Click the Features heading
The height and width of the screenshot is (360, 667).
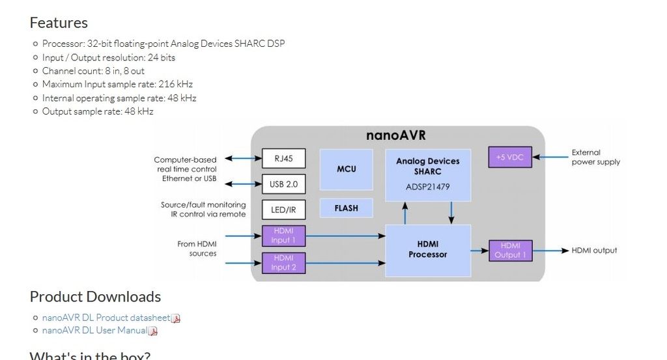tap(59, 23)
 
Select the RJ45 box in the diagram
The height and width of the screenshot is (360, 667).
tap(283, 159)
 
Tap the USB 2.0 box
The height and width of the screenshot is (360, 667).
tap(283, 184)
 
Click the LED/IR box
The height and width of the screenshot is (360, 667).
tap(283, 209)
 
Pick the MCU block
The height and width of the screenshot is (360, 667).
tap(346, 169)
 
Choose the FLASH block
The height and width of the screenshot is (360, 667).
tap(346, 208)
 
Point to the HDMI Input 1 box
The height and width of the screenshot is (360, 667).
tap(283, 236)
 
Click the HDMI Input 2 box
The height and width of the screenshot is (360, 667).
tap(283, 262)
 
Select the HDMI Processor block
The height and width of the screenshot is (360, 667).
tap(428, 250)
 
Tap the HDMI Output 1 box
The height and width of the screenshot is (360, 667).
tap(511, 251)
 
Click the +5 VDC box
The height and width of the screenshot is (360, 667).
tap(510, 157)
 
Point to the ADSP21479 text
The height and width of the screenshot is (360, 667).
tap(428, 187)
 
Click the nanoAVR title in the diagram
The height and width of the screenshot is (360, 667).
tap(396, 135)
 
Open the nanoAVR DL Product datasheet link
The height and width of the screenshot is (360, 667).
tap(106, 318)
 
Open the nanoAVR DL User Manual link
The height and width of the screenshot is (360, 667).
tap(94, 330)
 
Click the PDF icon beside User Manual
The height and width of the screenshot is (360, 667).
tap(153, 331)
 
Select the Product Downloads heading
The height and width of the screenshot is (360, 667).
tap(95, 297)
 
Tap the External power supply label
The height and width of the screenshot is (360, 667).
tap(595, 157)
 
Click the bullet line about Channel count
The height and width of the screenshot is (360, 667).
tap(93, 70)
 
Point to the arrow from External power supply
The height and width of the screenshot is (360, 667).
tap(550, 157)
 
